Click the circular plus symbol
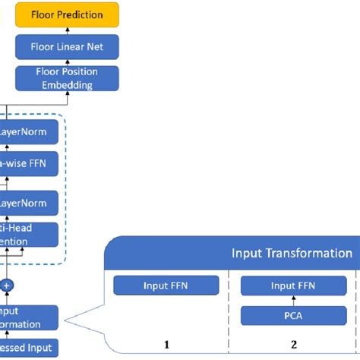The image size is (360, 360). click(x=8, y=284)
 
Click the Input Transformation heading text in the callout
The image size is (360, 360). click(x=292, y=253)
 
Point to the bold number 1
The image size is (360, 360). click(x=167, y=344)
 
